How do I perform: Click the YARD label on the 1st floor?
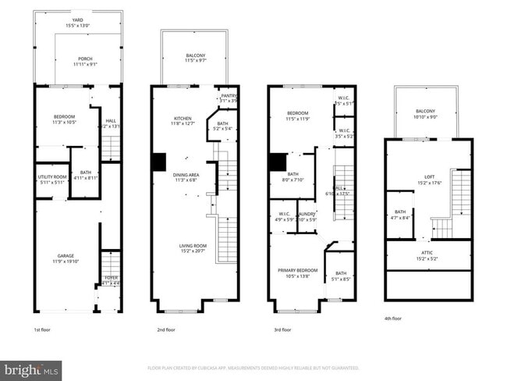click(77, 21)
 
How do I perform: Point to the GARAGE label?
click(66, 256)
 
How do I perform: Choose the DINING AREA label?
click(186, 175)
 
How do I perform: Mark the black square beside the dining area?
click(159, 161)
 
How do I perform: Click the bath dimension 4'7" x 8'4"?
click(399, 218)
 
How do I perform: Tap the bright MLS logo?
click(32, 369)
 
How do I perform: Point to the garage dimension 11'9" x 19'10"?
click(66, 262)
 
